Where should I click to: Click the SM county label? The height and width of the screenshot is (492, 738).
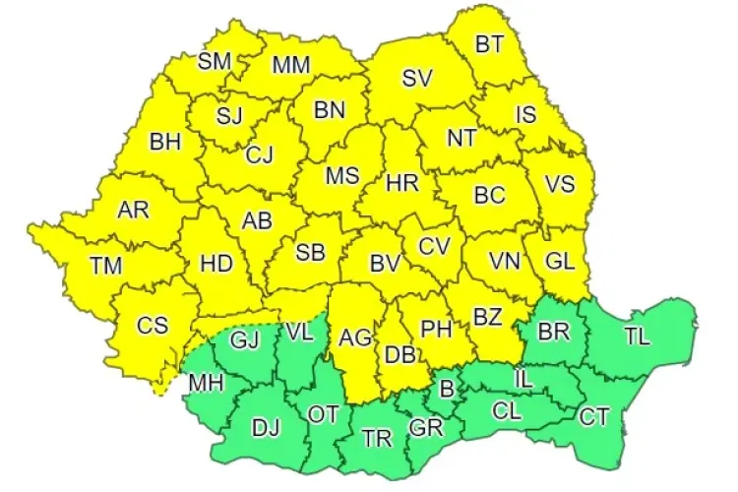[214, 61]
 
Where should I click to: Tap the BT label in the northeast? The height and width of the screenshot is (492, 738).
[488, 44]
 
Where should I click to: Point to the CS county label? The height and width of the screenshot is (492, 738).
[153, 326]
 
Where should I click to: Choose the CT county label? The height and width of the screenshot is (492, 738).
[593, 417]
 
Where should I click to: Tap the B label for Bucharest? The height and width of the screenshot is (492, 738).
[446, 390]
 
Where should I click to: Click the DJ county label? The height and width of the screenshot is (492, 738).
[266, 428]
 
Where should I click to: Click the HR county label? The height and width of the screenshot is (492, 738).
[402, 184]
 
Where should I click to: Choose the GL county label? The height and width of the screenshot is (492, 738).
[560, 262]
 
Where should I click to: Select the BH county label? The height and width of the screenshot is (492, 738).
[165, 142]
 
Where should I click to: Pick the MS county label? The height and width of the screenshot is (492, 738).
[342, 176]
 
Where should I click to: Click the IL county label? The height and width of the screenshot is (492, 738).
[526, 376]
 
